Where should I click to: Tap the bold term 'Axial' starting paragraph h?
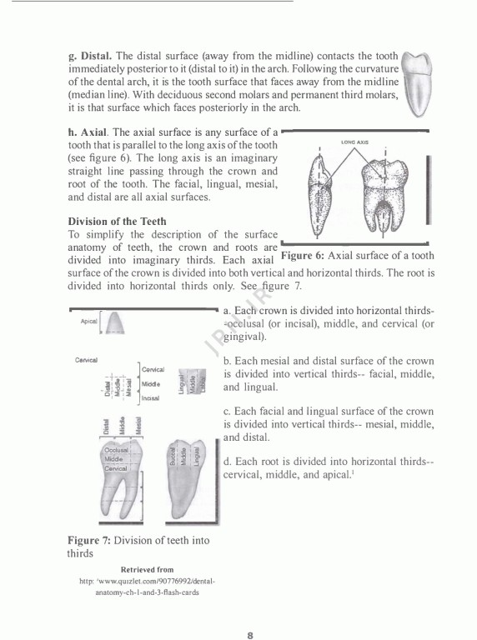95,132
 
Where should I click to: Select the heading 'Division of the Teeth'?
117,222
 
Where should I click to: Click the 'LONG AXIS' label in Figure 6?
356,142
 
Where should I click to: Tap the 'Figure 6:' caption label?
308,256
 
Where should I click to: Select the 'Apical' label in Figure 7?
89,322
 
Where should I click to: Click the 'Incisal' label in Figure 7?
150,398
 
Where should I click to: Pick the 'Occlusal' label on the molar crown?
116,450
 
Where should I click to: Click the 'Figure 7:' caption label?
88,540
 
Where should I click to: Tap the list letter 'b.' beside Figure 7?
228,361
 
